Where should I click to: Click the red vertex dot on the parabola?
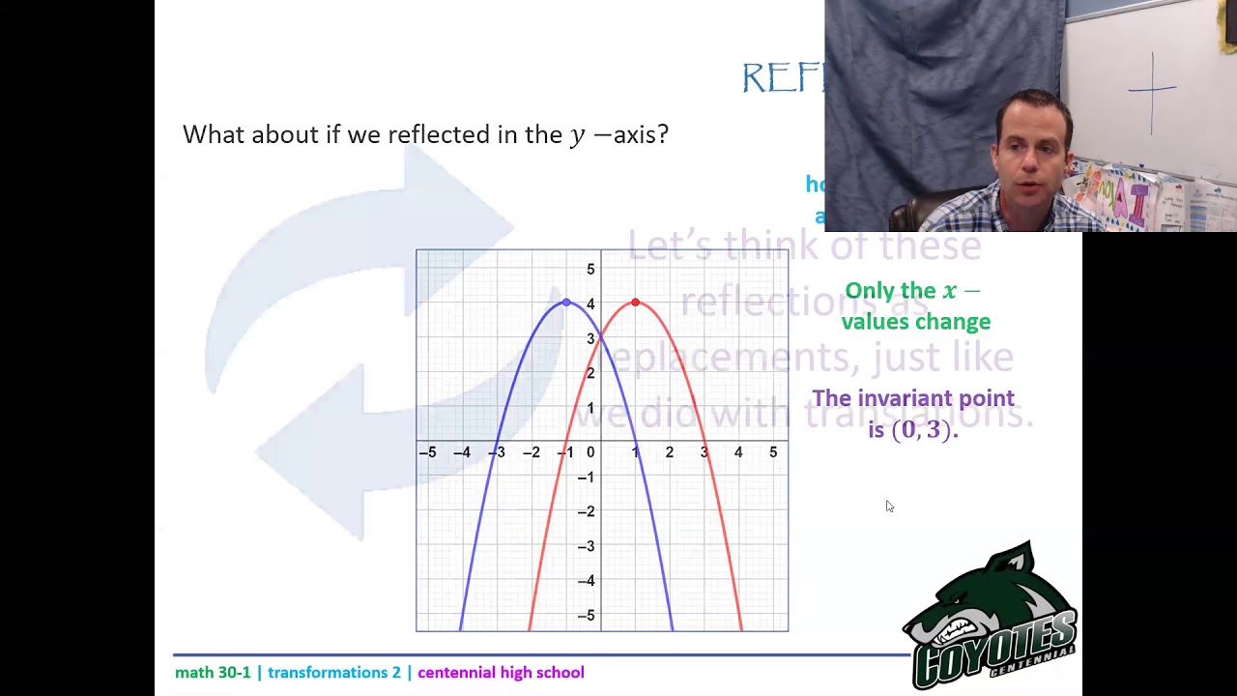(635, 303)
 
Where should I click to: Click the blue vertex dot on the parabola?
(566, 303)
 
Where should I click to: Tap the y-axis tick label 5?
(590, 270)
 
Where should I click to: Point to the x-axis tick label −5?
(427, 452)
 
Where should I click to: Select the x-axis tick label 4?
(738, 452)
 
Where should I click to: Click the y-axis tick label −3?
(587, 546)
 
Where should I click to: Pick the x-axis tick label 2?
(669, 452)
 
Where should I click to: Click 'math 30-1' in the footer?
(213, 673)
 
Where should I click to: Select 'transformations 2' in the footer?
(333, 673)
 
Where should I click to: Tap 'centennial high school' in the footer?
(501, 673)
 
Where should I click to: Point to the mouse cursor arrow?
(889, 506)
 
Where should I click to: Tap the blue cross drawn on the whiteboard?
(1152, 92)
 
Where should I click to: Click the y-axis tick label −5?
(587, 616)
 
